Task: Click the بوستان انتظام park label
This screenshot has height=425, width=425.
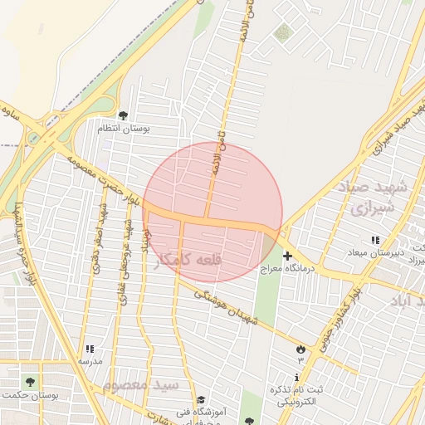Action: tap(123, 129)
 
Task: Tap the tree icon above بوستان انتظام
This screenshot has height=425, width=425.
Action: tap(123, 116)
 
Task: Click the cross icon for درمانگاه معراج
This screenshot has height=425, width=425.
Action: tap(287, 256)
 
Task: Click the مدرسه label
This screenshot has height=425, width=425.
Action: tap(90, 362)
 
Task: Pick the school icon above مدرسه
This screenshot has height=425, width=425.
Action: tap(90, 349)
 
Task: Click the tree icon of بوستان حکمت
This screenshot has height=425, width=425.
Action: tap(30, 382)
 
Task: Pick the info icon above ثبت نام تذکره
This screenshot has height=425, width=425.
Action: tap(297, 378)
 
